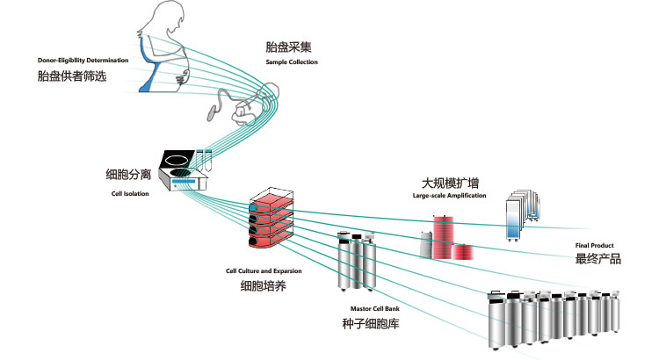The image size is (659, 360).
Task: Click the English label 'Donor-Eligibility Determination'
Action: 83,61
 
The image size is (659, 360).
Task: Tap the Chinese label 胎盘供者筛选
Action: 72,76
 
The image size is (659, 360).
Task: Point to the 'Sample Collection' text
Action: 292,62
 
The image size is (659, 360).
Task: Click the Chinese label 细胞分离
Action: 129,176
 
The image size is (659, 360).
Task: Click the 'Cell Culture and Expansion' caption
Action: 263,271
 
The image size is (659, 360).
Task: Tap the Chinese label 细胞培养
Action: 263,286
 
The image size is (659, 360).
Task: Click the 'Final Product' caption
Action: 595,245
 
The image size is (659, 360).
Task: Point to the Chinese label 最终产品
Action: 598,259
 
